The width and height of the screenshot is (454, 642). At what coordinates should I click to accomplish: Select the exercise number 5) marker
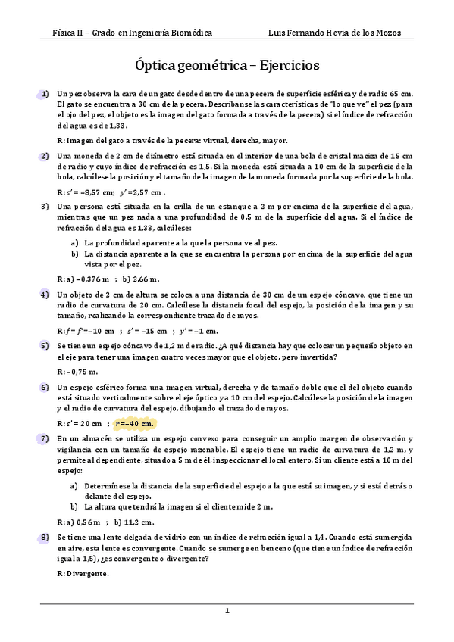(45, 345)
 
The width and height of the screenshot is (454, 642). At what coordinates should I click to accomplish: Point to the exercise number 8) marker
(45, 536)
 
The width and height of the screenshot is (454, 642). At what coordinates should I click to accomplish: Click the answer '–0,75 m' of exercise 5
(83, 372)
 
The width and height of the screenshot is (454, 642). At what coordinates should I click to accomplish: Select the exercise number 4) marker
(45, 294)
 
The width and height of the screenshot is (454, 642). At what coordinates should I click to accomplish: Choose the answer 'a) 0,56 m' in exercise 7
(84, 522)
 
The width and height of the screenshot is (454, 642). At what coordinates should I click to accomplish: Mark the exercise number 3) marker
(45, 205)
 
